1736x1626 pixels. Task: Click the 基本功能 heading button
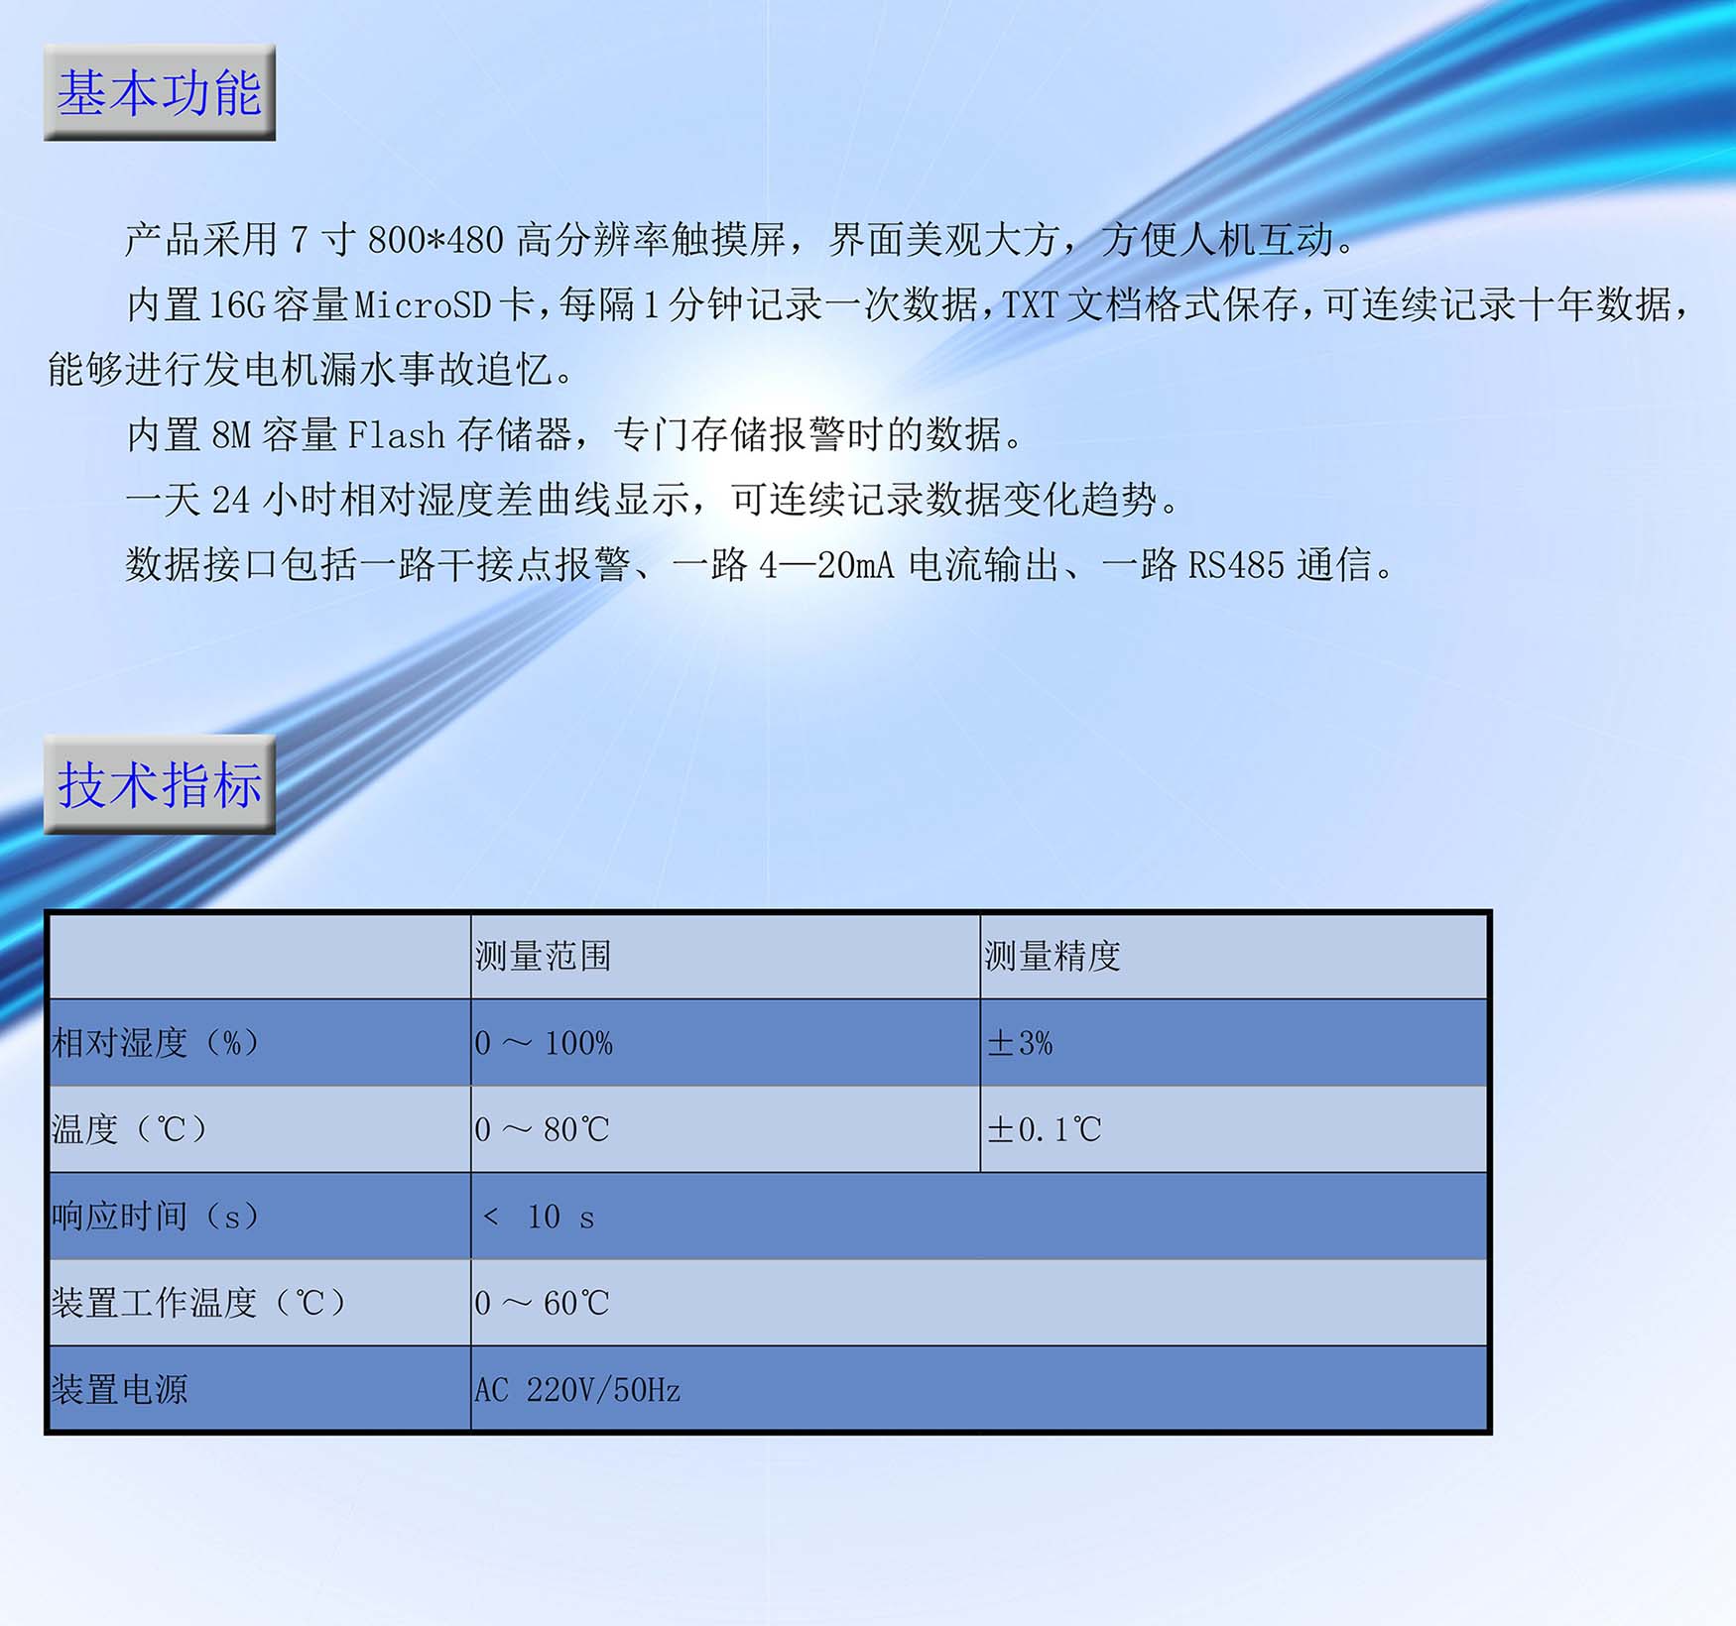(x=160, y=92)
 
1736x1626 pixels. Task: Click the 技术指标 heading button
(x=160, y=784)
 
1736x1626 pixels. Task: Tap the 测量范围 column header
(x=543, y=956)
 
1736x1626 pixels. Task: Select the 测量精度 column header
(x=1053, y=956)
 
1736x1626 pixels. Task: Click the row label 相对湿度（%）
(x=156, y=1042)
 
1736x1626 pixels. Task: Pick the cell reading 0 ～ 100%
(x=544, y=1043)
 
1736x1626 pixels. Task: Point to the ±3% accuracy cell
(x=1020, y=1043)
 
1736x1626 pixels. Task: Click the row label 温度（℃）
(x=130, y=1128)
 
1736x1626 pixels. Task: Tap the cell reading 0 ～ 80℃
(x=542, y=1129)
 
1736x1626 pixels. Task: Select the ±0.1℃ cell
(x=1044, y=1129)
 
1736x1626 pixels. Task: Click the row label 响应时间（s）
(x=156, y=1216)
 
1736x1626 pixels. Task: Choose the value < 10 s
(x=538, y=1217)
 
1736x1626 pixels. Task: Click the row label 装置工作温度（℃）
(x=199, y=1302)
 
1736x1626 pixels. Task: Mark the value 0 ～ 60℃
(x=542, y=1303)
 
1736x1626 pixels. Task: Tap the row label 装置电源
(x=119, y=1389)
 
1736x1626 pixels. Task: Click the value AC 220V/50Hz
(x=577, y=1390)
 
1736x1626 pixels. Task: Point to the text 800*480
(x=435, y=240)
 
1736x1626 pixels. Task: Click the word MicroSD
(x=423, y=305)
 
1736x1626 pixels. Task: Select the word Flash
(x=396, y=435)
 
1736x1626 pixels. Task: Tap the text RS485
(x=1236, y=566)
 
